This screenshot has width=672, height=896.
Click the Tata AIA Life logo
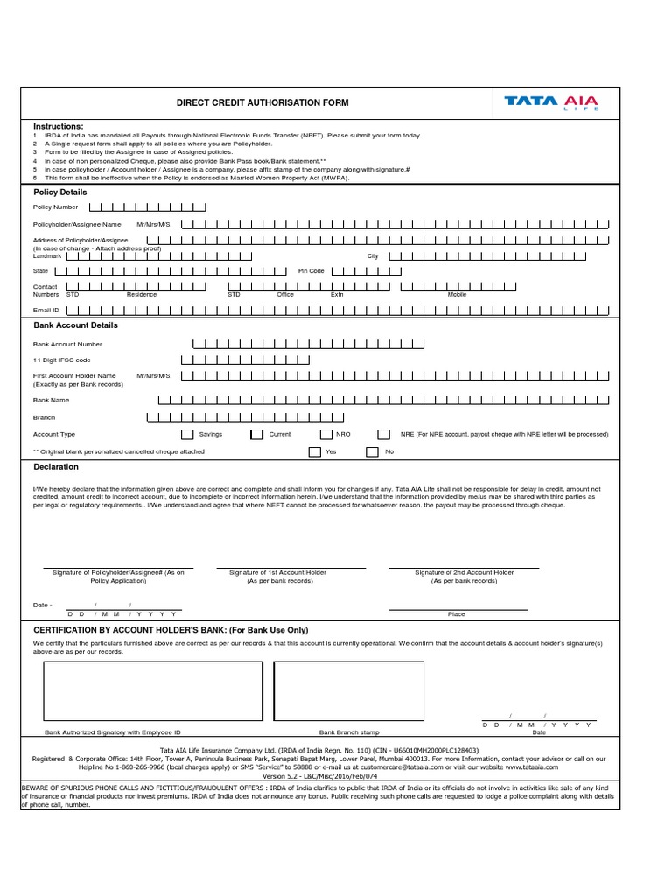551,102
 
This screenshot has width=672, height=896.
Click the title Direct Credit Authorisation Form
262,103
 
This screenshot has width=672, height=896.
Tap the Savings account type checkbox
187,434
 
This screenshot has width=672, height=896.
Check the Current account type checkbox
256,434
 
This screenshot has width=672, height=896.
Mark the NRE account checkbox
383,434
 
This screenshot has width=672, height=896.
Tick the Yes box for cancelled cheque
314,452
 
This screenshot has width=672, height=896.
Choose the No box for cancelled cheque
372,452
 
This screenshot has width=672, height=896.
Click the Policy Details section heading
60,192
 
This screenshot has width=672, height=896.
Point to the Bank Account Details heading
75,325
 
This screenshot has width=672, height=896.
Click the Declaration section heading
56,467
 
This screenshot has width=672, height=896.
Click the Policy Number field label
55,207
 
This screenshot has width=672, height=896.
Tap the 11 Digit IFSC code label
61,360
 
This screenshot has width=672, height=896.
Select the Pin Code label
311,271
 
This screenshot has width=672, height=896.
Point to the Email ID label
46,310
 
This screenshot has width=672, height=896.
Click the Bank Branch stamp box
348,691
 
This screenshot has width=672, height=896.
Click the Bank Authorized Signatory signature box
153,691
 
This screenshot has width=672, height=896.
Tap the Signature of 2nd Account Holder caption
464,577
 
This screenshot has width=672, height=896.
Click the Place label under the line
457,614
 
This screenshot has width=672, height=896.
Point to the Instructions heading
59,127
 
